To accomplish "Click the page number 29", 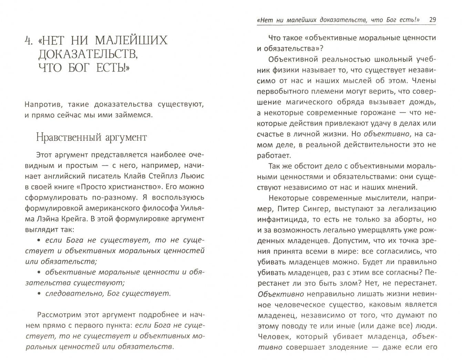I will pos(432,20).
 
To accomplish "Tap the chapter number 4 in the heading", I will pos(29,41).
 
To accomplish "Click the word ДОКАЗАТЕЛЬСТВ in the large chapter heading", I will pos(85,54).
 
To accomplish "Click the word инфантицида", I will pos(280,219).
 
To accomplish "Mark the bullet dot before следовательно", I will pos(39,294).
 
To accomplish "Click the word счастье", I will pos(270,134).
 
